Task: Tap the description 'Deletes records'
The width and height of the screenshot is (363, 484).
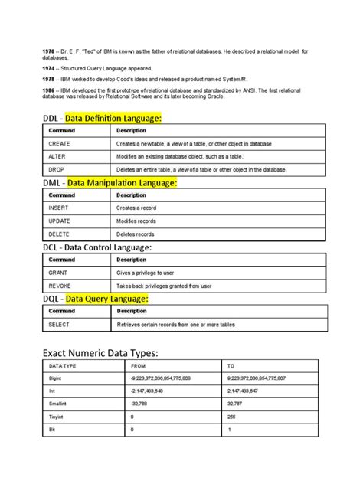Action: (136, 234)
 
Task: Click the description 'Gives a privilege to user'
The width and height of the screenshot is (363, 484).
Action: (150, 273)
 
